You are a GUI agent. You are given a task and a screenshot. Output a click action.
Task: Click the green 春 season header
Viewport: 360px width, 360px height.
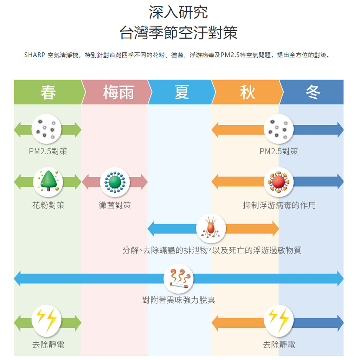point(48,92)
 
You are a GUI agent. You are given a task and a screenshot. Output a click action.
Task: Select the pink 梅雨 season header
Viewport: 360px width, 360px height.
point(118,92)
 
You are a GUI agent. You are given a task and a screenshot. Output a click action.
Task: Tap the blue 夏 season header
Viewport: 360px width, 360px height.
point(182,92)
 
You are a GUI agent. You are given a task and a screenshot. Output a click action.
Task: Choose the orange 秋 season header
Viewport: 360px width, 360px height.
point(247,92)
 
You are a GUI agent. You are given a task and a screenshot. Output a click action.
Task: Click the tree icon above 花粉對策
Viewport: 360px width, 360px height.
point(48,182)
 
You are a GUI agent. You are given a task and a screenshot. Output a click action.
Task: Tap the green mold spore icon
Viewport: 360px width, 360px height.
point(115,182)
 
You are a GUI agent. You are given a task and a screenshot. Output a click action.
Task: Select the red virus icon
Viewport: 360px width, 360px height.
point(278,182)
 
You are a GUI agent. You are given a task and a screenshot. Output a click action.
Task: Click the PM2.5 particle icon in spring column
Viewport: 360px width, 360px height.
point(46,129)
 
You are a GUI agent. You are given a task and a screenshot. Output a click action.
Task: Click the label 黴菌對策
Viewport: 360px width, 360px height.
point(115,205)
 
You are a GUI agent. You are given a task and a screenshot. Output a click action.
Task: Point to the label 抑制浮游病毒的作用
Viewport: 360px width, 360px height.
point(279,205)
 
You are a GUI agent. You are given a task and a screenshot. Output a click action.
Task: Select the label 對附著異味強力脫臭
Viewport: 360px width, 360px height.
point(179,300)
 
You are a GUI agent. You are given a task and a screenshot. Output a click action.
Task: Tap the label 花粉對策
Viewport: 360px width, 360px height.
point(48,205)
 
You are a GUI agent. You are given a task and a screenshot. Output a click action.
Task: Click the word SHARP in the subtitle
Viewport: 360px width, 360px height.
point(34,55)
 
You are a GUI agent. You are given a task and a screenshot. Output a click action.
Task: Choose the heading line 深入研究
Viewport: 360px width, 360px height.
point(178,13)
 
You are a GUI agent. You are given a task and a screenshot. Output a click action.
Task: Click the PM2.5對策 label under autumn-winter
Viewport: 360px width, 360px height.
point(278,152)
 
